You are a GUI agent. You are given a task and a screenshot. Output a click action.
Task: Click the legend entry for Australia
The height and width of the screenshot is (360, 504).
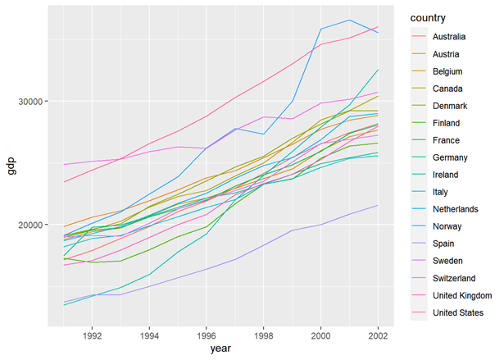[449, 37]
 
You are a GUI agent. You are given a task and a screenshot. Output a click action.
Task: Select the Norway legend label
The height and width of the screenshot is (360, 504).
[447, 226]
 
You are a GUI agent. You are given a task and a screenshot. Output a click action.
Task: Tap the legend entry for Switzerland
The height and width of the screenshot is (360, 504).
[454, 278]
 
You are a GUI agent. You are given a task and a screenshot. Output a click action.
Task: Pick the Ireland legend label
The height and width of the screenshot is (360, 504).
[445, 175]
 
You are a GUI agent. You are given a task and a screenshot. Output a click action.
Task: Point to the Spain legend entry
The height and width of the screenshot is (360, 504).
[443, 244]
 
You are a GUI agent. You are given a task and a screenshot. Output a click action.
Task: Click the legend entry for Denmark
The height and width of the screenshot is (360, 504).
[449, 106]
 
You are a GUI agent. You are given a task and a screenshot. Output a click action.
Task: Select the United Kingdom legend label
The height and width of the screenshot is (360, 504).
[462, 295]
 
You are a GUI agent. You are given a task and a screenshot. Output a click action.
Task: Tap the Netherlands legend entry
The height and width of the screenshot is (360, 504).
[456, 209]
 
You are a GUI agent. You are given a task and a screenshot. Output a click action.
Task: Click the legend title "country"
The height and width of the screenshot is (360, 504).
[428, 17]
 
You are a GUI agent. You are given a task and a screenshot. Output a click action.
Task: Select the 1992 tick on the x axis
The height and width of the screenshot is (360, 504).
[92, 335]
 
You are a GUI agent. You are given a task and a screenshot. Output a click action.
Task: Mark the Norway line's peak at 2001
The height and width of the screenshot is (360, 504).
[350, 20]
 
